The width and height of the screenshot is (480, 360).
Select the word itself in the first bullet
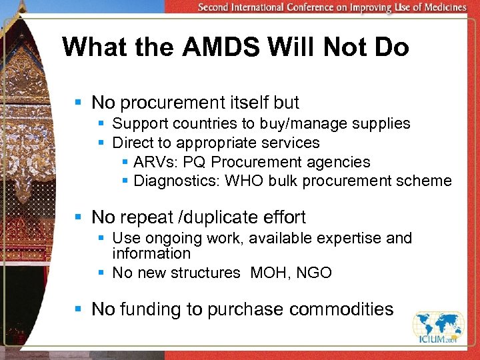(x=243, y=103)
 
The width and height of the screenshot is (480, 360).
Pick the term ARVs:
(x=152, y=162)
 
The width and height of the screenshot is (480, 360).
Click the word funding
(x=141, y=309)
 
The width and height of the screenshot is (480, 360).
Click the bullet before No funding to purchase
(x=78, y=309)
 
